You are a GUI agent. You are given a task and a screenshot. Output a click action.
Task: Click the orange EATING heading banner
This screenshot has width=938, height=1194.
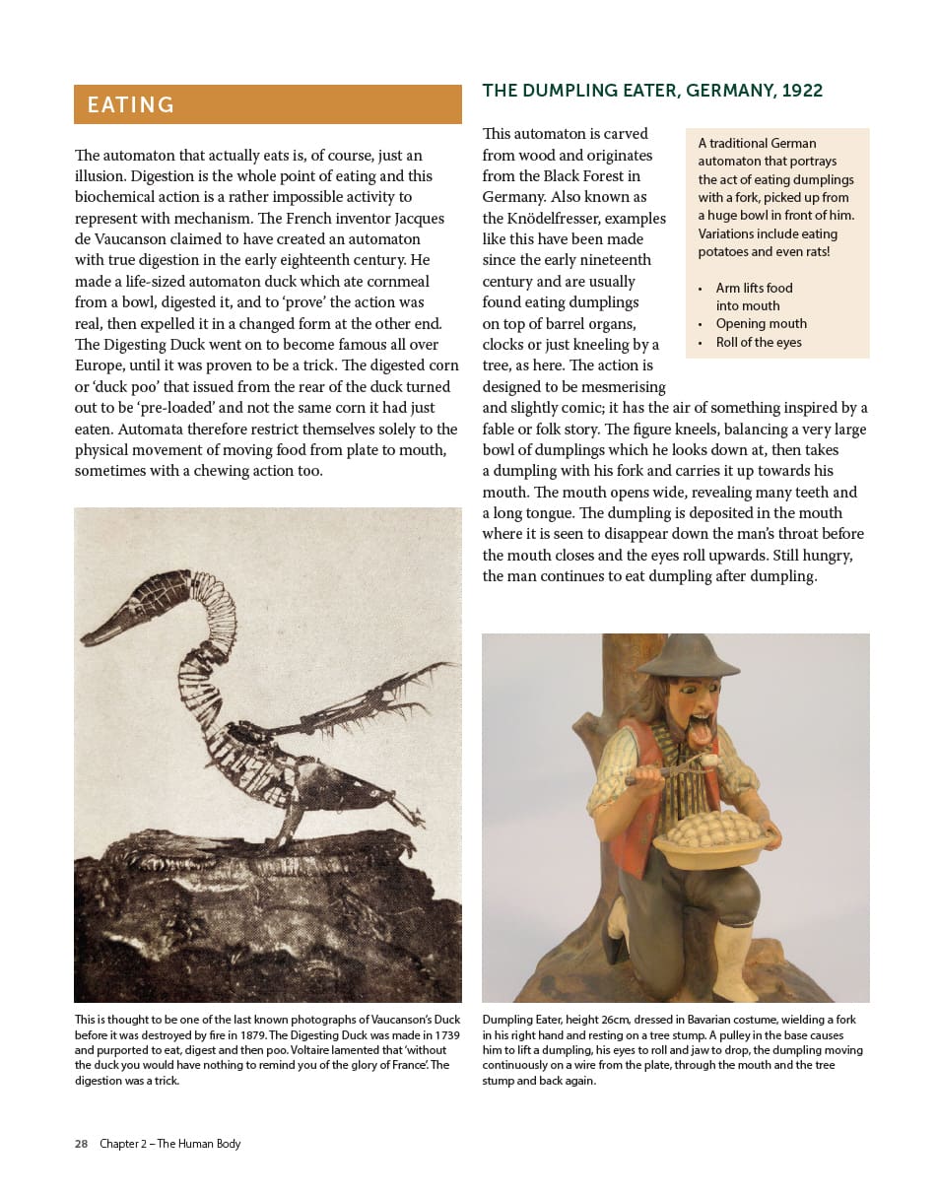point(267,104)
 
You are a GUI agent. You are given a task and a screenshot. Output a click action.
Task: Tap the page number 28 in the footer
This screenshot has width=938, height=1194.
point(81,1144)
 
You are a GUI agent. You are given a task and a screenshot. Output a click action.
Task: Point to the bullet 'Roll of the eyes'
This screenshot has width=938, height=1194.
point(759,342)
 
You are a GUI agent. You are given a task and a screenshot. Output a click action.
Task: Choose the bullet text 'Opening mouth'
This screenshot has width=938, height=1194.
point(761,323)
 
